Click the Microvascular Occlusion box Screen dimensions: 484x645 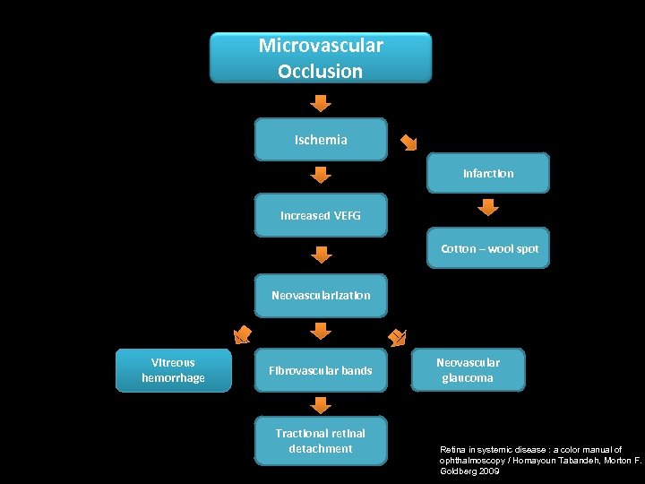coord(320,58)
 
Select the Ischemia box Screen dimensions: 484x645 coord(321,140)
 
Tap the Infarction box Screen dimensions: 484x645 coord(487,173)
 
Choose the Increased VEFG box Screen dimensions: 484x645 coord(321,216)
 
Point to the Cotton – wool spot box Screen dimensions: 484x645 coord(488,248)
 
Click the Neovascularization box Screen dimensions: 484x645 coord(321,295)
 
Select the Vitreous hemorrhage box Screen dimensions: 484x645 coord(173,370)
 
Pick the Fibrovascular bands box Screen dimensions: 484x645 coord(321,370)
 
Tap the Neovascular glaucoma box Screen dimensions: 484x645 coord(468,370)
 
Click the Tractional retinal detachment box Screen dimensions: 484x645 coord(321,441)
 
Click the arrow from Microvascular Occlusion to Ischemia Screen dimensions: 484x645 coord(321,100)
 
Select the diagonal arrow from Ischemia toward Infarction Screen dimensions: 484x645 coord(408,142)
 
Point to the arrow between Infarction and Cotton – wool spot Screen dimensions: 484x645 coord(487,208)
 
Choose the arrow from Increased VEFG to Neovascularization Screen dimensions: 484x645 coord(321,255)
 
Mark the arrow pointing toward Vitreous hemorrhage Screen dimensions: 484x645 coord(242,335)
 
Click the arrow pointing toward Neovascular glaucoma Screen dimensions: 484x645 coord(397,336)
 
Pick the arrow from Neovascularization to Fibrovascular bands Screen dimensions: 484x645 coord(321,333)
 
